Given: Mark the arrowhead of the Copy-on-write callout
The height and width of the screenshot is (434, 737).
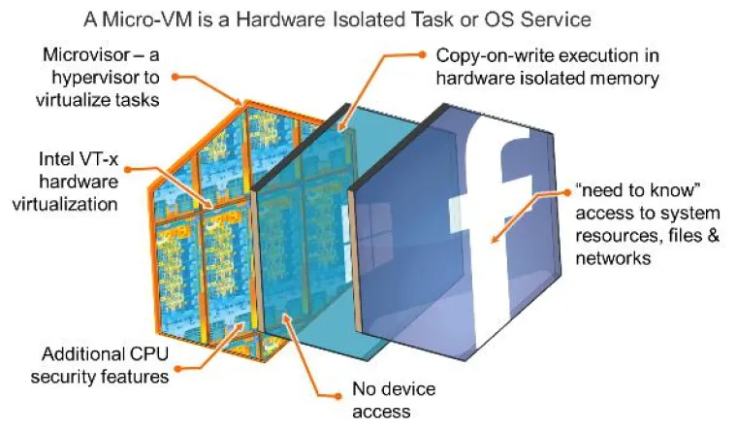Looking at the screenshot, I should [x=338, y=127].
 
